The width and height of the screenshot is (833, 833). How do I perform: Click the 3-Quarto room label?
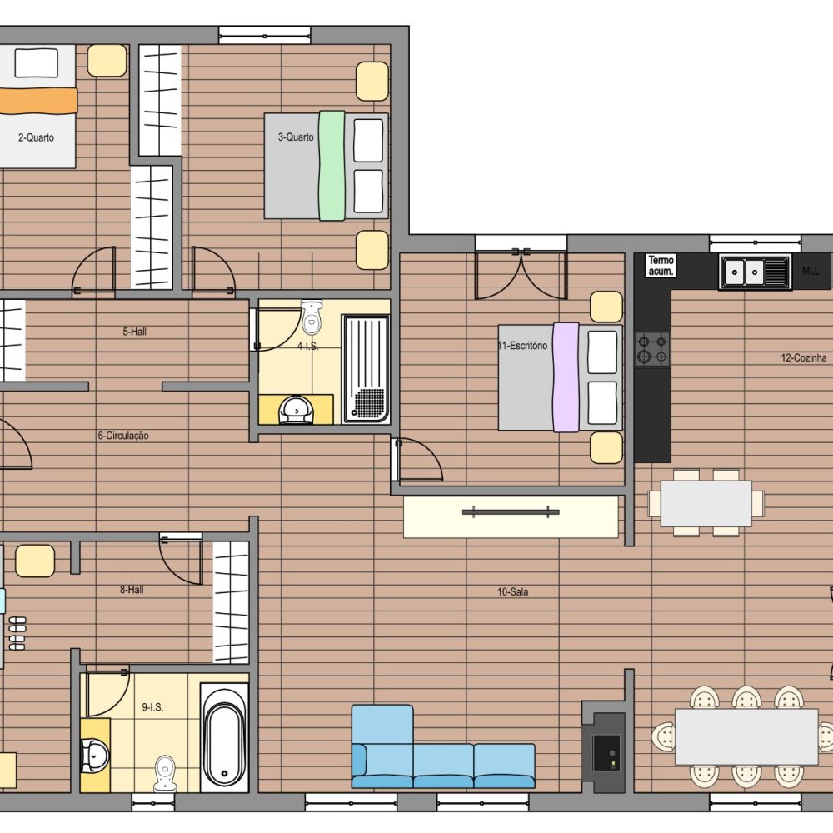pyautogui.click(x=296, y=137)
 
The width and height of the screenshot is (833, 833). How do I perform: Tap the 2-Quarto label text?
pyautogui.click(x=36, y=137)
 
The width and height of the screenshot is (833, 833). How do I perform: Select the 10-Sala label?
pyautogui.click(x=512, y=591)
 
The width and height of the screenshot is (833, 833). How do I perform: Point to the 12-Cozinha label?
pyautogui.click(x=803, y=358)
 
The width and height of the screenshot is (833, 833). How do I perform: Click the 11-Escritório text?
pyautogui.click(x=523, y=346)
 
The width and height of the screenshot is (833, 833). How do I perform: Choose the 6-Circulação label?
pyautogui.click(x=123, y=436)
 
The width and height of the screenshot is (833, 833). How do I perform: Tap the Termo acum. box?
pyautogui.click(x=661, y=266)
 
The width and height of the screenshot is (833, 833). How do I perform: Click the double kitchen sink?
pyautogui.click(x=755, y=272)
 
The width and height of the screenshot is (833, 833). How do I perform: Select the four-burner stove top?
pyautogui.click(x=652, y=349)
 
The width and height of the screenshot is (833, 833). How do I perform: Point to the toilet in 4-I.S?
pyautogui.click(x=312, y=317)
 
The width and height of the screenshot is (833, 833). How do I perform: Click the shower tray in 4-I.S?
pyautogui.click(x=366, y=369)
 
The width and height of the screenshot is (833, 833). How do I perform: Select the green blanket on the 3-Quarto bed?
pyautogui.click(x=332, y=165)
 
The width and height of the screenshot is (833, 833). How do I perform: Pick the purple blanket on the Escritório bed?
pyautogui.click(x=566, y=377)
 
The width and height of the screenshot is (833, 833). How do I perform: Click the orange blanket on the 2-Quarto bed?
pyautogui.click(x=37, y=101)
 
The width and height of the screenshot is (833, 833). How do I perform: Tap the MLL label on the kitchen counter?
pyautogui.click(x=811, y=271)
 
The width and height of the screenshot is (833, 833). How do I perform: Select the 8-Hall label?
pyautogui.click(x=132, y=590)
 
